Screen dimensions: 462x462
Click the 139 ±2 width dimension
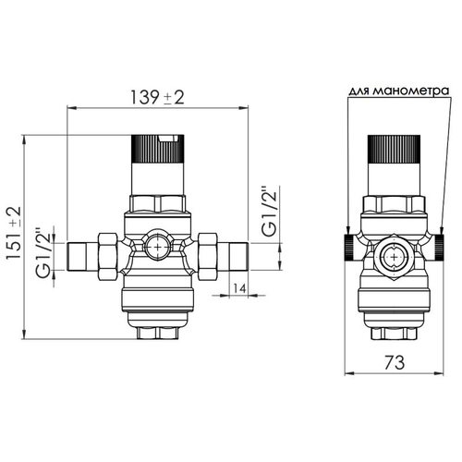click(157, 97)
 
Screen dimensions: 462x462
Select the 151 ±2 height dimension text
click(14, 233)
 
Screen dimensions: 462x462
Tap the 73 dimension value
click(395, 362)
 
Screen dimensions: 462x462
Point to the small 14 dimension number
click(239, 288)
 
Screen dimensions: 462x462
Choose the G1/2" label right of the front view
click(269, 211)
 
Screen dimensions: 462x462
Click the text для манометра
click(399, 91)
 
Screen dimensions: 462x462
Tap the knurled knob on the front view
click(157, 149)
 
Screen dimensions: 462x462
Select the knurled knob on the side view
click(395, 149)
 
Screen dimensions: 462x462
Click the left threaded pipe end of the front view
click(82, 257)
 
